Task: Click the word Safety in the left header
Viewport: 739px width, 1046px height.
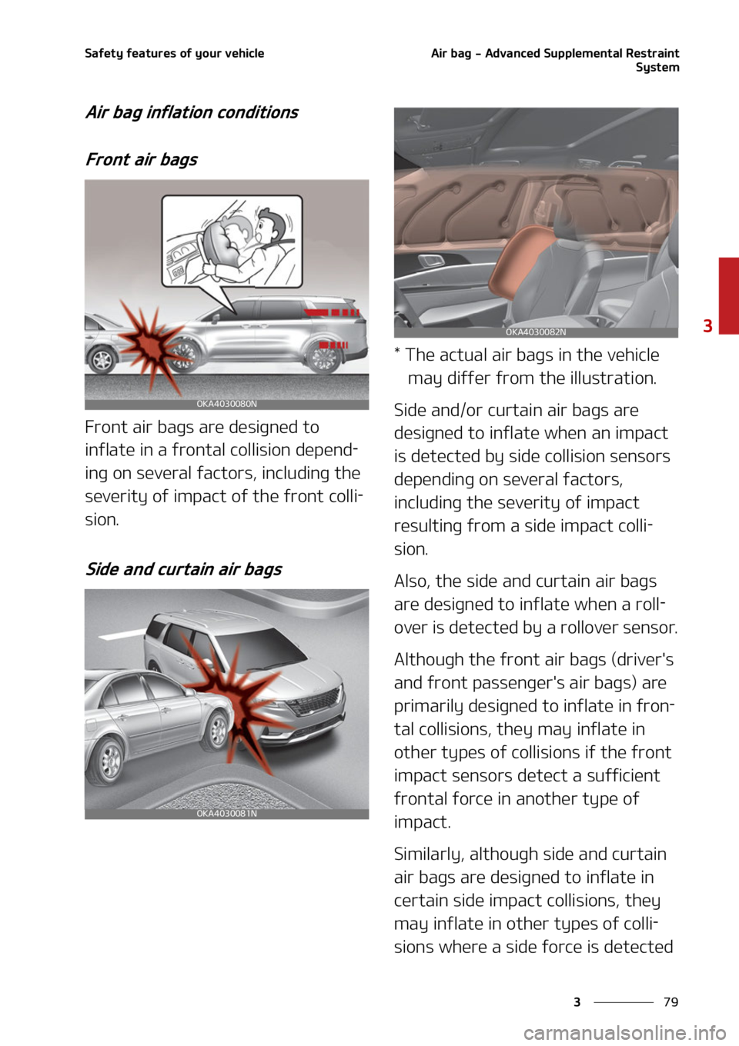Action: pyautogui.click(x=104, y=53)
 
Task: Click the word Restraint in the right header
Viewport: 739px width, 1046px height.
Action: pyautogui.click(x=652, y=53)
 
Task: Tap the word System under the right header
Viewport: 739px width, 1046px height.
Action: pyautogui.click(x=657, y=68)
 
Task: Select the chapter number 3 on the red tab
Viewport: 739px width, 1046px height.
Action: pyautogui.click(x=707, y=325)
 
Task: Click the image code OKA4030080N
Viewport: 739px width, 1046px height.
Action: pyautogui.click(x=226, y=404)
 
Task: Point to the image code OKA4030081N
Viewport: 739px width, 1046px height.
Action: pyautogui.click(x=226, y=813)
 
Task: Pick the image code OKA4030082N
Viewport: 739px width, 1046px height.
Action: pyautogui.click(x=536, y=332)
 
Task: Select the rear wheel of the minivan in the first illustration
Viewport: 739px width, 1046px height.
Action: pyautogui.click(x=324, y=356)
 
